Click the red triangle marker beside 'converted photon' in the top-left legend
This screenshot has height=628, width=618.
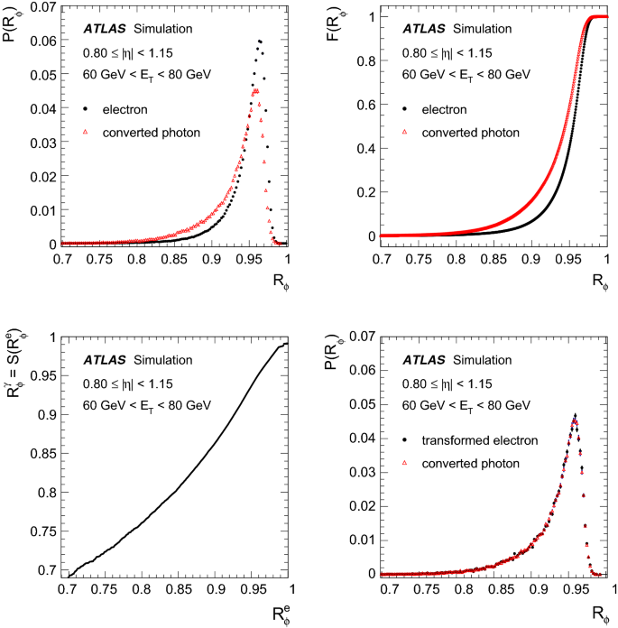[x=85, y=132]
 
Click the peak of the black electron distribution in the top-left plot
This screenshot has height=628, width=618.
[x=260, y=41]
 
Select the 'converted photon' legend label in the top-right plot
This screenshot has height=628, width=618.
[x=474, y=133]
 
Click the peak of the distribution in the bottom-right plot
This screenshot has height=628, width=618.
[x=575, y=415]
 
